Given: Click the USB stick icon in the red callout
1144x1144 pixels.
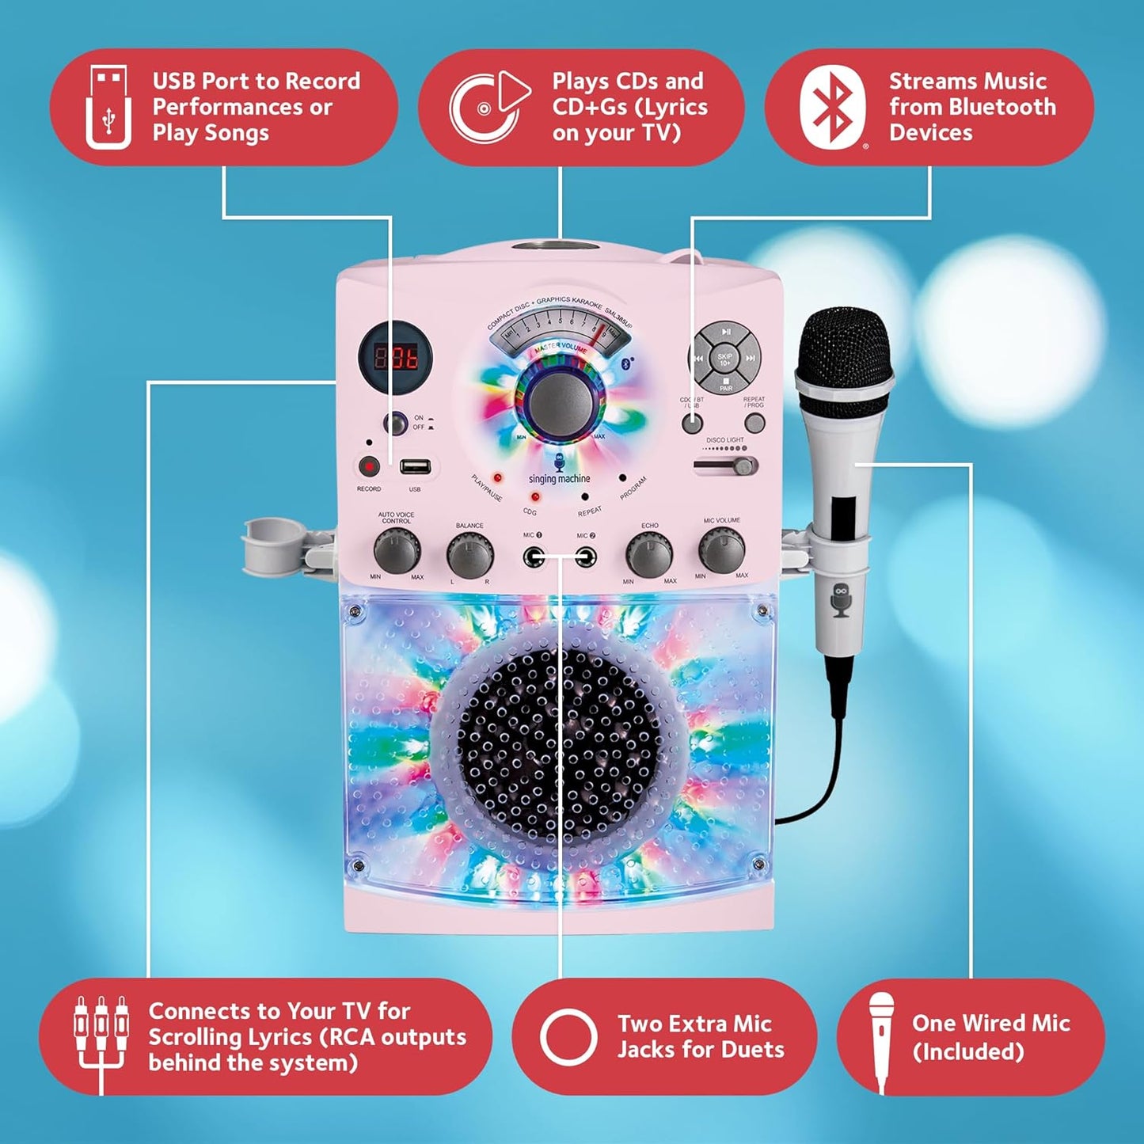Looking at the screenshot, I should pos(108,108).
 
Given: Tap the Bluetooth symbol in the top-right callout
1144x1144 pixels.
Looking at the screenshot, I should pos(831,108).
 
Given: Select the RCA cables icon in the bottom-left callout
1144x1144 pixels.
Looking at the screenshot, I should pos(101,1037).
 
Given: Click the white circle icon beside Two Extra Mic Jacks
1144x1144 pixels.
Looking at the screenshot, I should pos(568,1036).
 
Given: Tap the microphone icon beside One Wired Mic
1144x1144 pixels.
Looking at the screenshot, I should pos(881,1037).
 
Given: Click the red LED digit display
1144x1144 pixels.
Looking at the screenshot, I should pos(396,357).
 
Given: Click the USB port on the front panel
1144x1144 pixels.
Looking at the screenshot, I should pos(414,466).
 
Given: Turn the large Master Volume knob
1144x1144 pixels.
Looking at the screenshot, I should pos(560,399).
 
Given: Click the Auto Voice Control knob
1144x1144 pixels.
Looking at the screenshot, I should pos(396,551).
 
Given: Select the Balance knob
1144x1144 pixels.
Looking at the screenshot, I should pos(469,555).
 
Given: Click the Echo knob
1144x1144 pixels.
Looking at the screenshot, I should pos(649,555).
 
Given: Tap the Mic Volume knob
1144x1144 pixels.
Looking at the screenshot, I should pos(721,550).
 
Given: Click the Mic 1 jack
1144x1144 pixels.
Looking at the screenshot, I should pos(534,557).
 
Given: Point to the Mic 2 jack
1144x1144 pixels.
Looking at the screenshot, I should pos(586,557).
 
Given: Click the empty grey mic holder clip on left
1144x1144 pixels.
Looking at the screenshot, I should pos(268,542).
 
